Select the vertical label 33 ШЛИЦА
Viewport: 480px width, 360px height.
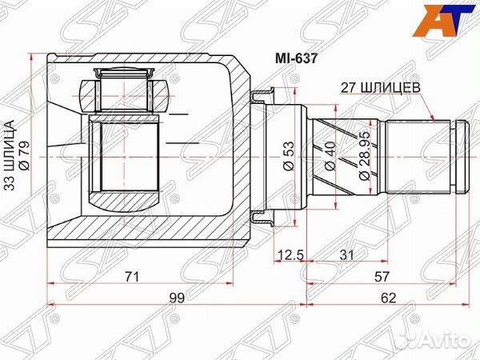pyautogui.click(x=10, y=152)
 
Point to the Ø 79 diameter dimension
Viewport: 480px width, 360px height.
pyautogui.click(x=23, y=152)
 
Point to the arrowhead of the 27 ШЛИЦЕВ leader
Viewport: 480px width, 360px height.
pyautogui.click(x=433, y=118)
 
